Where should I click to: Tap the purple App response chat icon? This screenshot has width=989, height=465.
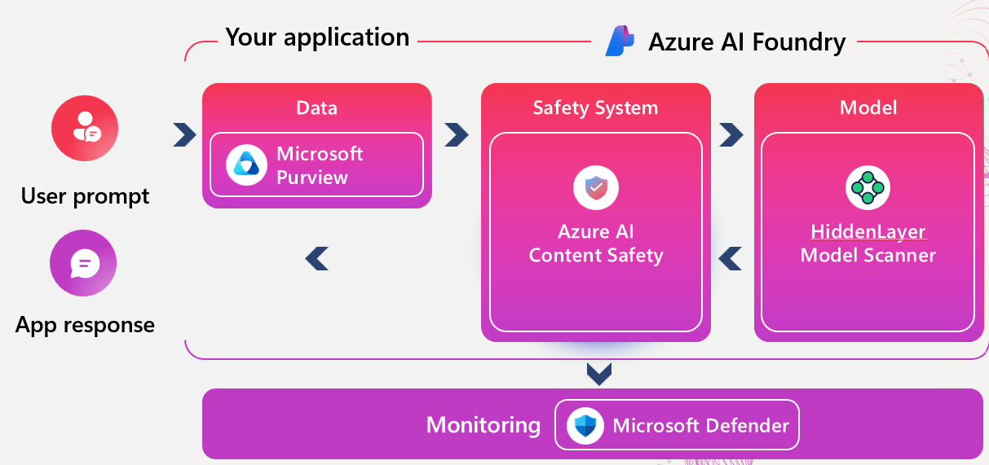[x=83, y=263]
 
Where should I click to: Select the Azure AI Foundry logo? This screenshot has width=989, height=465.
[x=620, y=41]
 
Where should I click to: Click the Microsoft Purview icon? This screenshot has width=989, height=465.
[x=245, y=165]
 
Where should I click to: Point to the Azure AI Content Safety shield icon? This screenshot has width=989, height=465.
[x=596, y=188]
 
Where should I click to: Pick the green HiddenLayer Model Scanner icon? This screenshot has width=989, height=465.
[x=868, y=188]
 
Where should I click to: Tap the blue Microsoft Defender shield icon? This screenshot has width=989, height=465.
[x=585, y=425]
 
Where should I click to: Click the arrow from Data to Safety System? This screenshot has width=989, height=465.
[x=457, y=135]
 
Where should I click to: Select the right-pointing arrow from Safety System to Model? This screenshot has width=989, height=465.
[x=731, y=135]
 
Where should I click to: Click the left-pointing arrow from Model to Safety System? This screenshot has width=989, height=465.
[x=731, y=259]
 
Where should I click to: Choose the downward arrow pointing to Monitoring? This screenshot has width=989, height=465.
[x=599, y=374]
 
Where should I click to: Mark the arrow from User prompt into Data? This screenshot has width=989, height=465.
[x=185, y=135]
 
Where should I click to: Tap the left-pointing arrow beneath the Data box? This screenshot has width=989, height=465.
[x=316, y=259]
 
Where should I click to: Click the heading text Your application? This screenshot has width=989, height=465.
[x=317, y=37]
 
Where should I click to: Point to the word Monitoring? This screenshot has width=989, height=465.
[x=483, y=425]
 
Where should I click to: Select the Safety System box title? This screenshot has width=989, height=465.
[x=595, y=108]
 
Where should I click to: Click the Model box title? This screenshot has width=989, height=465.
[x=868, y=108]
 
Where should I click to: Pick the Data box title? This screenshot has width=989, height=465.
[x=316, y=108]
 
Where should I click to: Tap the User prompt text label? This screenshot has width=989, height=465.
[x=85, y=196]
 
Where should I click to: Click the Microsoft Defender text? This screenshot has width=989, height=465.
[x=700, y=425]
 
